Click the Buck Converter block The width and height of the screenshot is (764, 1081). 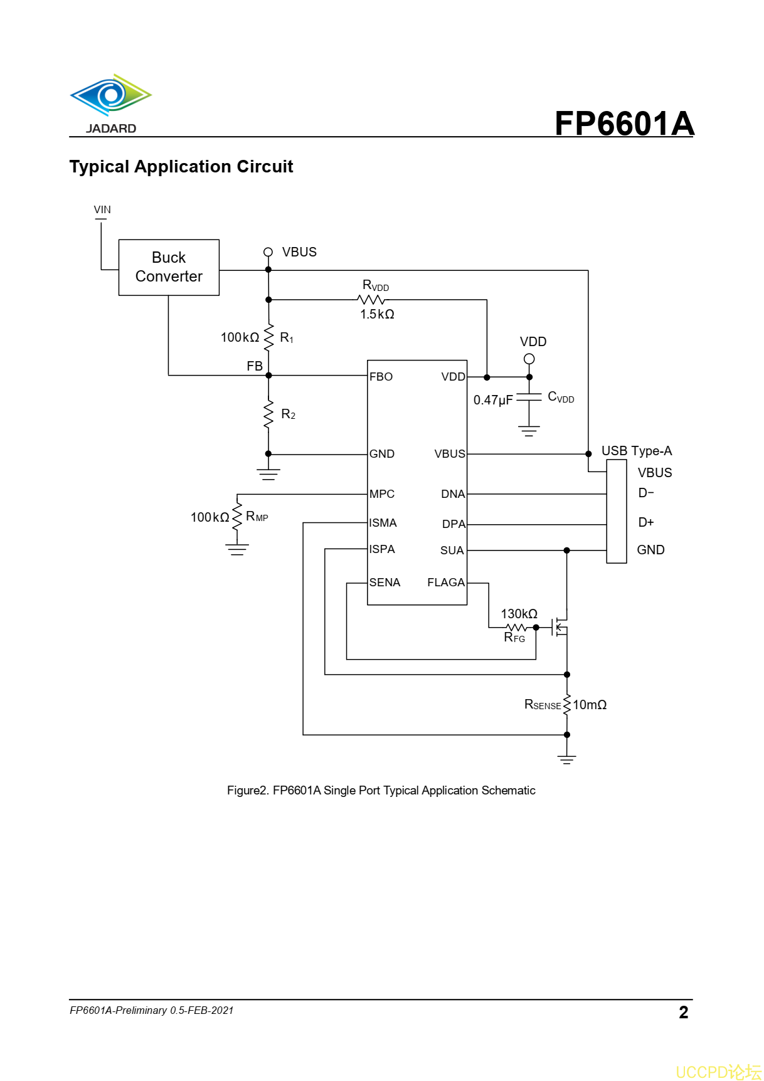[x=169, y=267]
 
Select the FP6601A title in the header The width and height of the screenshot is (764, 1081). [x=624, y=124]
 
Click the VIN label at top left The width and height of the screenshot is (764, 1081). [x=102, y=209]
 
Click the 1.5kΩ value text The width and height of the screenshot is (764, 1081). [x=377, y=314]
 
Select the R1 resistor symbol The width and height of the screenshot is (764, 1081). [x=269, y=337]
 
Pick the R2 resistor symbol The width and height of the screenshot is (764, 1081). [x=269, y=414]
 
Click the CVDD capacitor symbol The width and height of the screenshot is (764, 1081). [x=529, y=398]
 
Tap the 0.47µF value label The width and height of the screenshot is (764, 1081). [x=493, y=400]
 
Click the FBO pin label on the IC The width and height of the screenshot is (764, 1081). [x=381, y=377]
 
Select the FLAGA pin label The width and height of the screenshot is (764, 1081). [x=446, y=583]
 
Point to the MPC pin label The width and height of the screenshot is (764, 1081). [x=382, y=494]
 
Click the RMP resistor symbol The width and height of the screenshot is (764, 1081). [x=237, y=517]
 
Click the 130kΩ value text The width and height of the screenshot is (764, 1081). [x=519, y=614]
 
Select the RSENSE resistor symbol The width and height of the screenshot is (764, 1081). [x=567, y=705]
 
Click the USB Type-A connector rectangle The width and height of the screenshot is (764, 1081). [x=617, y=511]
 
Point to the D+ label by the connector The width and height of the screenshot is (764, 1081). [x=646, y=522]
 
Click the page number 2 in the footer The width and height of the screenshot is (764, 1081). [x=683, y=1012]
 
